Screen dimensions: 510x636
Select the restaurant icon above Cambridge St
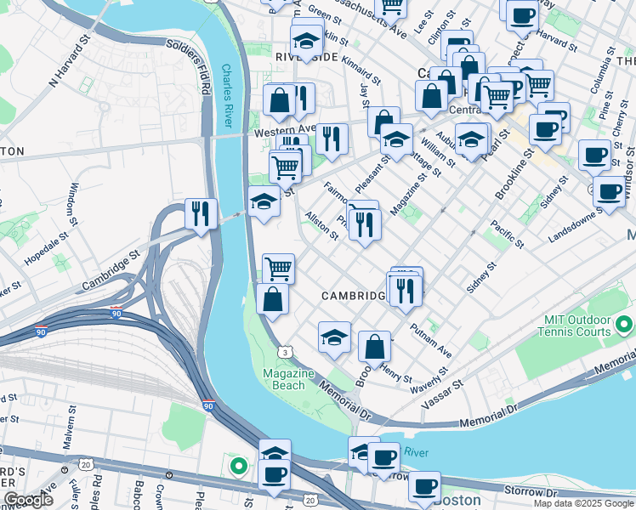[201, 213]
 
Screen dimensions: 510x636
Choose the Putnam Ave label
[430, 337]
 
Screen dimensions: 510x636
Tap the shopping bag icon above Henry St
[374, 347]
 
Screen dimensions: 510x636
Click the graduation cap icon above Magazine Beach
[335, 337]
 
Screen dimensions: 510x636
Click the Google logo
[28, 500]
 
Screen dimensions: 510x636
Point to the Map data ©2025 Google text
[583, 503]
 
